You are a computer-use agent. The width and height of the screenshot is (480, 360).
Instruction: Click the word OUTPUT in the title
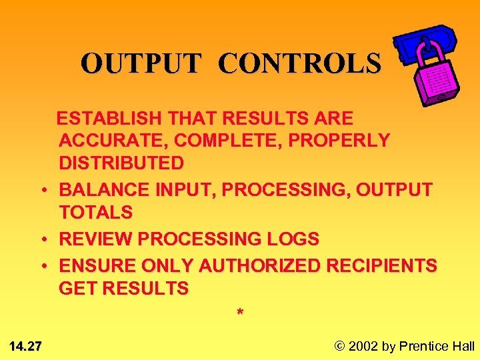coord(141,63)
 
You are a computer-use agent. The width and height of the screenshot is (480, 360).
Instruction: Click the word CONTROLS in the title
coord(299,63)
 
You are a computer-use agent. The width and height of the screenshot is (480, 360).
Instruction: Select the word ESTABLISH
coord(109,119)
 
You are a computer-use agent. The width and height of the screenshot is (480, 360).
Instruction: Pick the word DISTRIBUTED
coord(121,163)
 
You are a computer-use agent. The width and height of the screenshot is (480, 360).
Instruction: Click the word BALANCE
coord(104,190)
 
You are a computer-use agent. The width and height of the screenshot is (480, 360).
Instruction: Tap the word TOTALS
coord(96,213)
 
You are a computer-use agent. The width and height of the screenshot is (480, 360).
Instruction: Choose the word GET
coord(77,289)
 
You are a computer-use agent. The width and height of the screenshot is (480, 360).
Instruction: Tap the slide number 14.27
coord(26,345)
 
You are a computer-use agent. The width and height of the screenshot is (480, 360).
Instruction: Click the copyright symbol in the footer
coord(339,345)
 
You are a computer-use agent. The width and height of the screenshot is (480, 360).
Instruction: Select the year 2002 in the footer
coord(363,345)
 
